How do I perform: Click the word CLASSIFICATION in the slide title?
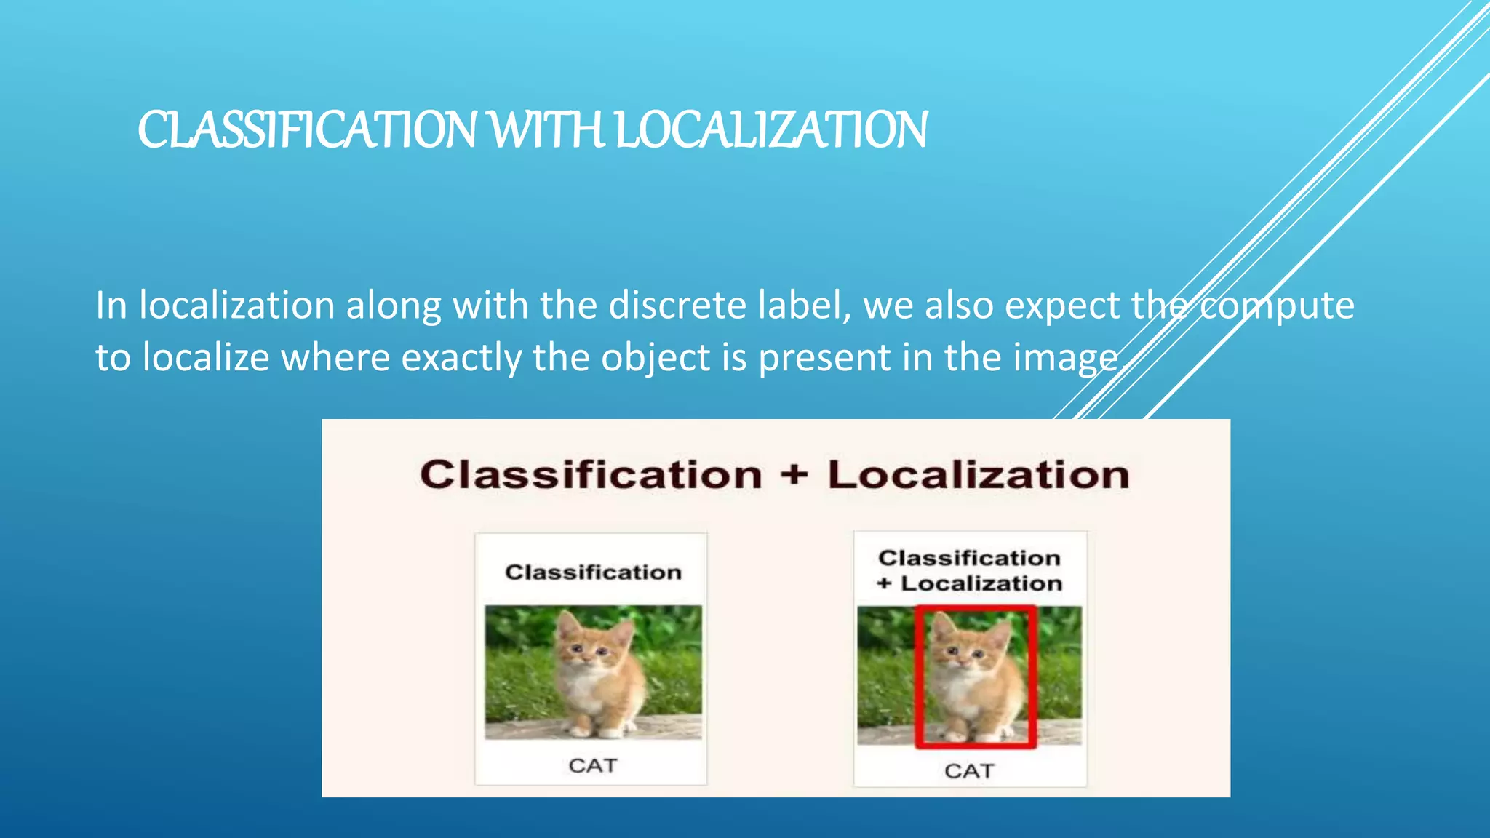pos(306,131)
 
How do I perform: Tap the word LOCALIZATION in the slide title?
pos(771,131)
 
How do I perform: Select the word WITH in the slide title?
pos(546,131)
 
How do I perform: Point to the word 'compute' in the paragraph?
pos(1276,306)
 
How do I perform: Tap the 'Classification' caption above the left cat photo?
pos(593,572)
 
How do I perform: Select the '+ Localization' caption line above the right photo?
pos(969,583)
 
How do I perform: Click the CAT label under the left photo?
pos(593,765)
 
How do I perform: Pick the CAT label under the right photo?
pos(969,770)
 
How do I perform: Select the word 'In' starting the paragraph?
pos(111,305)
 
